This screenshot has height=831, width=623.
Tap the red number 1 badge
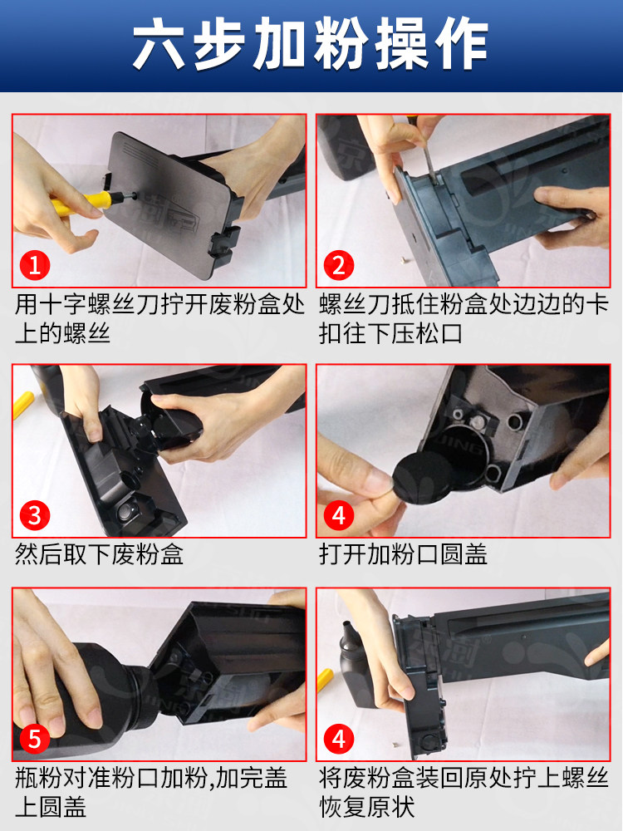click(35, 265)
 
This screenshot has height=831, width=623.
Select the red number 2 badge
click(339, 265)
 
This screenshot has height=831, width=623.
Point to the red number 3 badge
click(35, 515)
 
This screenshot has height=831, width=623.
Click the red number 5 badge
click(35, 739)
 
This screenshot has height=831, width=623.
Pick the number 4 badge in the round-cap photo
click(339, 515)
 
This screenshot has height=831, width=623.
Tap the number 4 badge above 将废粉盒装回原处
click(339, 739)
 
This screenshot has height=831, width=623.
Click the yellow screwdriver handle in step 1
click(81, 203)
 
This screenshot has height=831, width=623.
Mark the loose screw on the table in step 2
click(405, 259)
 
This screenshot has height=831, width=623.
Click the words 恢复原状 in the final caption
click(367, 807)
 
